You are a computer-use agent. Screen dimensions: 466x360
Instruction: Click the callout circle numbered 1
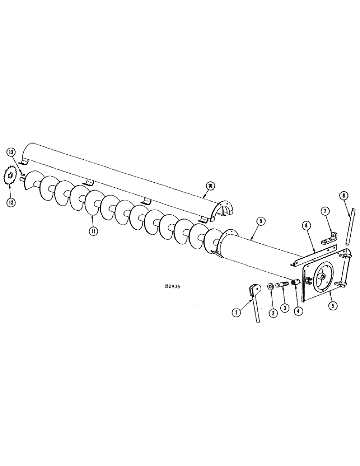tap(237, 313)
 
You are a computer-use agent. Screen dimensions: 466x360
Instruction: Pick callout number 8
tap(305, 226)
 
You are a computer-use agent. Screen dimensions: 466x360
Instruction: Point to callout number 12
tap(10, 203)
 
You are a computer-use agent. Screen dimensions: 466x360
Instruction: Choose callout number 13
tap(11, 152)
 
